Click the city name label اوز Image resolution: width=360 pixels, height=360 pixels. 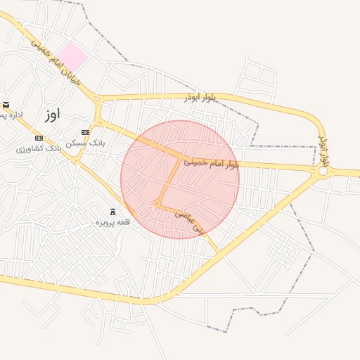51,113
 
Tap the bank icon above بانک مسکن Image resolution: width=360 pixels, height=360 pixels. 86,132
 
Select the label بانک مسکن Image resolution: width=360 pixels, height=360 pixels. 86,143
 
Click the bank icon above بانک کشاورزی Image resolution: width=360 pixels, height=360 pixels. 39,138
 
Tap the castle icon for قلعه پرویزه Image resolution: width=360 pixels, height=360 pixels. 112,212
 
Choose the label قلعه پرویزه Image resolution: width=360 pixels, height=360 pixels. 114,223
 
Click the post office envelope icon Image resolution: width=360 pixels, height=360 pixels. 6,105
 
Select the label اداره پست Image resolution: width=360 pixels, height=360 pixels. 11,115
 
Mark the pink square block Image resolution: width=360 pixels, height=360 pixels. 72,56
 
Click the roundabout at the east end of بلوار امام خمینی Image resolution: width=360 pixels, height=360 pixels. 323,171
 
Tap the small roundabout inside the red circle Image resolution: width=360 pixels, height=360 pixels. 157,205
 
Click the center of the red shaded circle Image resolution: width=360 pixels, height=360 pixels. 180,180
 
